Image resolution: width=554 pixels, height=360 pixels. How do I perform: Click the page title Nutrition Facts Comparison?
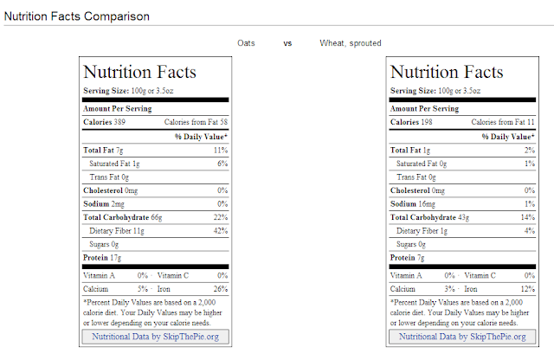(x=77, y=16)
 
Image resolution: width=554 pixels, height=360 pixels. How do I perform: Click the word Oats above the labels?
(x=246, y=43)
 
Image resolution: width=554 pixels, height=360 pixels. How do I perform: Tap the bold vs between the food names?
(x=287, y=43)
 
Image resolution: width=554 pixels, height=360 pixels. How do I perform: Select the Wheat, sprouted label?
(x=351, y=43)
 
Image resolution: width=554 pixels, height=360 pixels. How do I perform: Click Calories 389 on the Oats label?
(x=104, y=122)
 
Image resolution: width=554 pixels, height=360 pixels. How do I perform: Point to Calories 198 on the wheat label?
(x=411, y=122)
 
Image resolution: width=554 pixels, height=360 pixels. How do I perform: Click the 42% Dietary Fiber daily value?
(x=221, y=231)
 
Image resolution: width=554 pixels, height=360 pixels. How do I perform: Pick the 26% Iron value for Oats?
(x=221, y=289)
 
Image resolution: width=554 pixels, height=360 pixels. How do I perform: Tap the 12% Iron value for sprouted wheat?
(x=528, y=289)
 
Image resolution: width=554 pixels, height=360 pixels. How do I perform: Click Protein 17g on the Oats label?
(x=102, y=258)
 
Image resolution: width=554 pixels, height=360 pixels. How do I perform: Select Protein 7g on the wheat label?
(x=408, y=258)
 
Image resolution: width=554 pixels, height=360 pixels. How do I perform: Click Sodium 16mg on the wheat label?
(x=413, y=204)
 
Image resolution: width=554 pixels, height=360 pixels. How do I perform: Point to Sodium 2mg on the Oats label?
(x=104, y=204)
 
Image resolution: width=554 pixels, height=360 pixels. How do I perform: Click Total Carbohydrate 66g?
(x=123, y=217)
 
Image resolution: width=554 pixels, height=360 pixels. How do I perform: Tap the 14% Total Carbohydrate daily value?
(x=528, y=217)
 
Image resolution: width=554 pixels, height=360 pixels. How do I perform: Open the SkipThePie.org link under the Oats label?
(x=156, y=337)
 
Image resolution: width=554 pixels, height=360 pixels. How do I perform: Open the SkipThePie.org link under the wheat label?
(x=462, y=337)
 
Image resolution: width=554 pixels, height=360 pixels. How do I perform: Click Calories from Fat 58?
(x=196, y=122)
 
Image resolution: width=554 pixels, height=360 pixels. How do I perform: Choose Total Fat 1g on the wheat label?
(x=410, y=151)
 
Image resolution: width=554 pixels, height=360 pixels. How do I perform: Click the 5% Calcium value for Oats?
(x=143, y=289)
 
